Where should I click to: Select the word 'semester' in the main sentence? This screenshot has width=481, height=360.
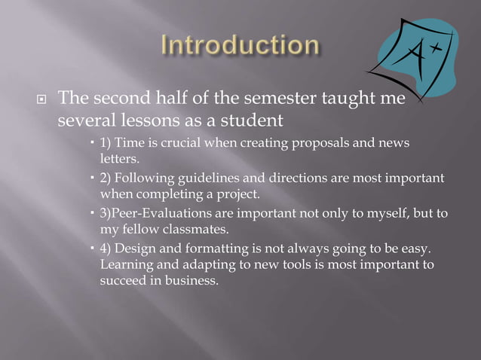262,98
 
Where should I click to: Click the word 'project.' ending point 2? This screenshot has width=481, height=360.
236,194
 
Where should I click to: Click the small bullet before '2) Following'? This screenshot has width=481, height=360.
92,178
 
